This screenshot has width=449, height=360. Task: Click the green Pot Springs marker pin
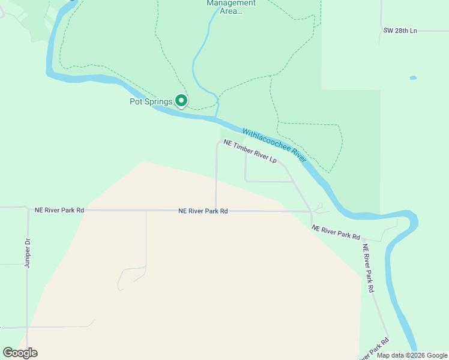pyautogui.click(x=181, y=101)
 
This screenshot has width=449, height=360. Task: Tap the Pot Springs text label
pyautogui.click(x=151, y=102)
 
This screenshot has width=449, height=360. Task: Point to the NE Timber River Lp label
pyautogui.click(x=250, y=152)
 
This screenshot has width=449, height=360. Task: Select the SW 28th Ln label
pyautogui.click(x=400, y=30)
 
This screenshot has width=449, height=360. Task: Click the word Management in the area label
pyautogui.click(x=231, y=3)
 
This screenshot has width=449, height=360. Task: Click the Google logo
pyautogui.click(x=20, y=352)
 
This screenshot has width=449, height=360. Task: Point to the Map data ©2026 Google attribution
pyautogui.click(x=412, y=355)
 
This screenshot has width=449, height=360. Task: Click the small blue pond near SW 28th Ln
pyautogui.click(x=413, y=78)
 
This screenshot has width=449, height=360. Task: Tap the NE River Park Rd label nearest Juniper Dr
pyautogui.click(x=59, y=211)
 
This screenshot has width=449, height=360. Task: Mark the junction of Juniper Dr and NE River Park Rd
pyautogui.click(x=28, y=209)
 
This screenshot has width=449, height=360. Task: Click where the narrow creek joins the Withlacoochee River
pyautogui.click(x=217, y=118)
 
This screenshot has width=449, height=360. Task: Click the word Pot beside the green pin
pyautogui.click(x=136, y=102)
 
